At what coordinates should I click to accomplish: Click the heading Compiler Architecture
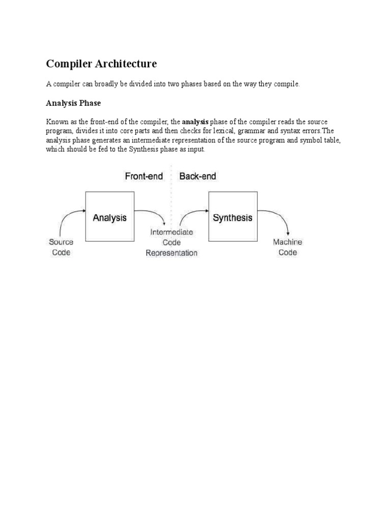[101, 64]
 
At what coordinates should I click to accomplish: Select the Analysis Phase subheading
[73, 103]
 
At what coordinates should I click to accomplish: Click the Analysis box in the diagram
[109, 217]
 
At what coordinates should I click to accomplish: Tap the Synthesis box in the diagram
[232, 217]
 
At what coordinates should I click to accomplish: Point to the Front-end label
[144, 177]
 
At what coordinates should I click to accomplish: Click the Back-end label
[198, 177]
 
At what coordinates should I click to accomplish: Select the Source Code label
[61, 247]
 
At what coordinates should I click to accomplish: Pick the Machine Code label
[288, 247]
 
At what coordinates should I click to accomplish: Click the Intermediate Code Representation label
[172, 242]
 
